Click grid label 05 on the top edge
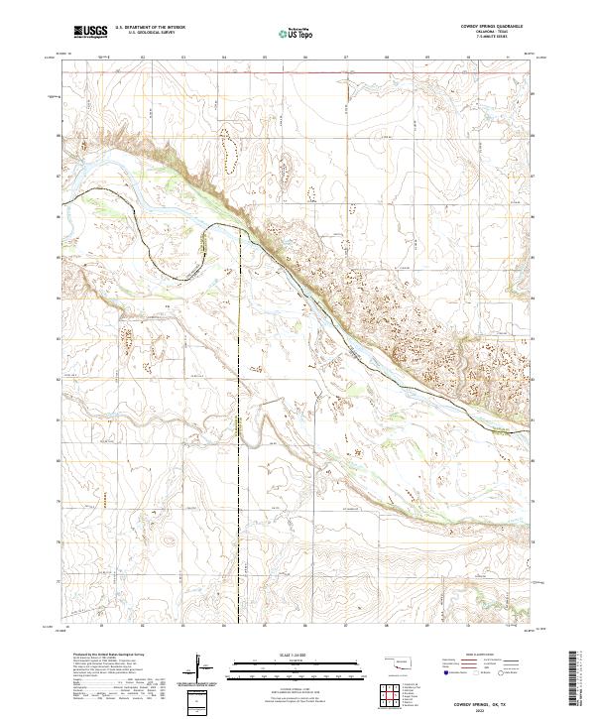(x=265, y=58)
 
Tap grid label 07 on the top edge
(x=345, y=58)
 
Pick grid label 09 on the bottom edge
(x=426, y=627)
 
